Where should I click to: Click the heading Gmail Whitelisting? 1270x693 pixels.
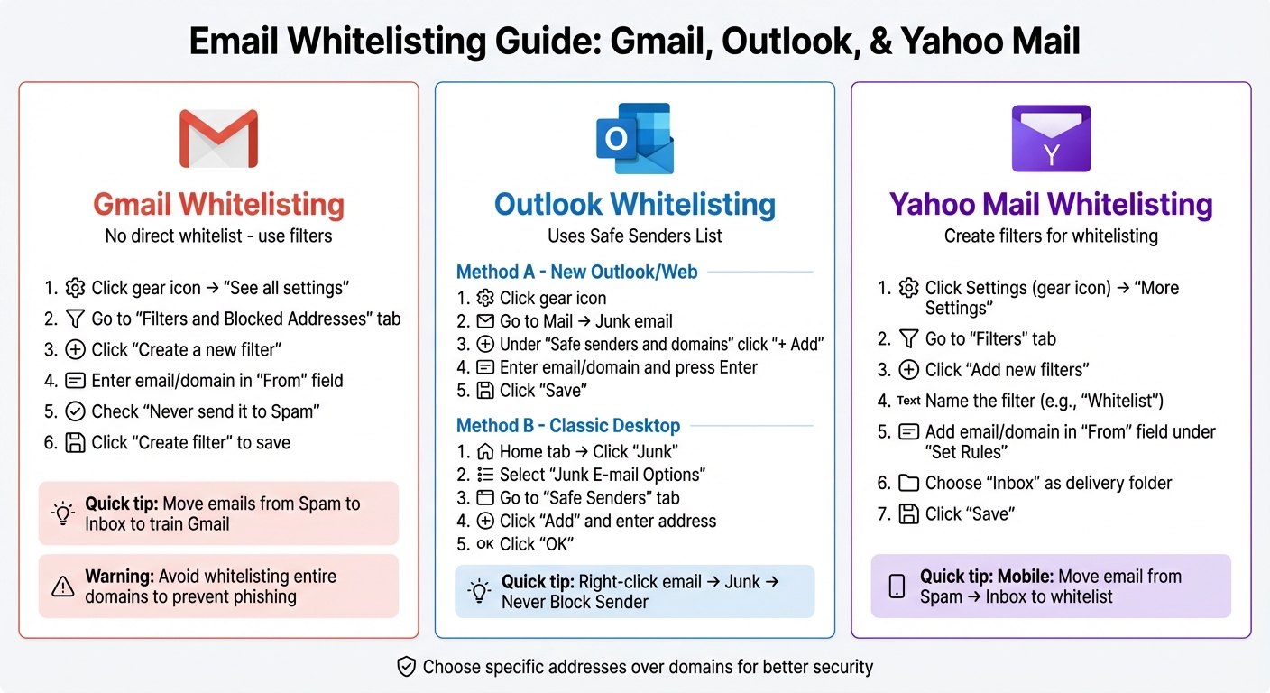(218, 204)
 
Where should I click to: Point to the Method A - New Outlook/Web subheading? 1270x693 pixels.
(576, 272)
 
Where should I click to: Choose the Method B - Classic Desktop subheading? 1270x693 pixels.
(568, 425)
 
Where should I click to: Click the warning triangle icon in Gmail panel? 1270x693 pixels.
(62, 587)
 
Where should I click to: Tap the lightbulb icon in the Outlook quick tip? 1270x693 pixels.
(479, 592)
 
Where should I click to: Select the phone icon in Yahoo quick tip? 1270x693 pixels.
(897, 587)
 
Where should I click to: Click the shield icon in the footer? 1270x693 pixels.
(407, 667)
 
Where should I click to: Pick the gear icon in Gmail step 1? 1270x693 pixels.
(75, 288)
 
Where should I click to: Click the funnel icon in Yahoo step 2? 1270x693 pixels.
(908, 338)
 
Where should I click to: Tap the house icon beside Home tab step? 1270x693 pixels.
(485, 451)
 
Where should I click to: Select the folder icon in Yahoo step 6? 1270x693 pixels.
(908, 483)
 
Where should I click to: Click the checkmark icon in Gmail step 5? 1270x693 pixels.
(75, 411)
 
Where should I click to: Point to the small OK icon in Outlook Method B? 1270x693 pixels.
(484, 544)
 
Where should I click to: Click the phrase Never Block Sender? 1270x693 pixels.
(575, 602)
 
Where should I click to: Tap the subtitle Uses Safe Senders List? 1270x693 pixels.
(634, 236)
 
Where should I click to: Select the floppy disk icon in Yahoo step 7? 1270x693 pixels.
(908, 513)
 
